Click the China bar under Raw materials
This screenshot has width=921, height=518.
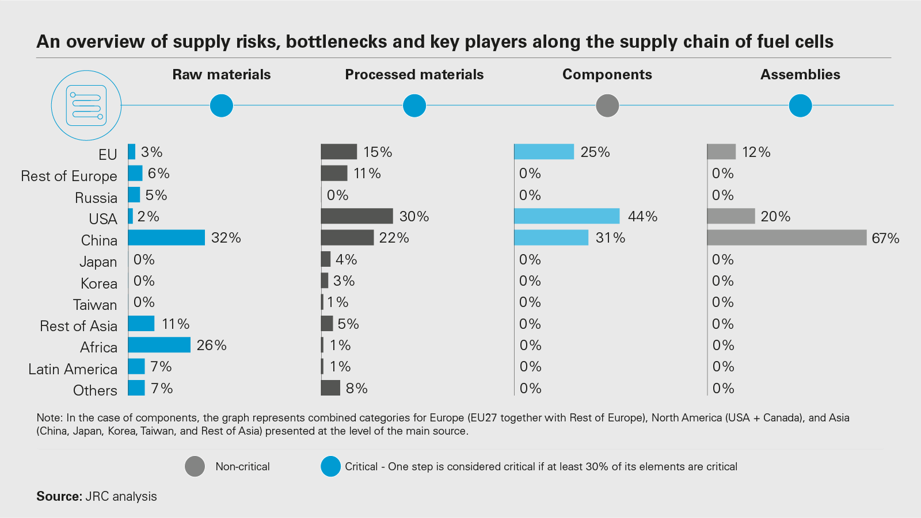(166, 237)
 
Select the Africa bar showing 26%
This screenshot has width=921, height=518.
(159, 345)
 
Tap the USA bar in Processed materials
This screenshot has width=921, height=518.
(357, 216)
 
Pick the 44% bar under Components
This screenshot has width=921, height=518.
(566, 216)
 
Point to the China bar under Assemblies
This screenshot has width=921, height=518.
(786, 237)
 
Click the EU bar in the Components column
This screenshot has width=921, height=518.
(544, 152)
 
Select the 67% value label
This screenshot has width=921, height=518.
(885, 238)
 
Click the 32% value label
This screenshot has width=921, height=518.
(226, 237)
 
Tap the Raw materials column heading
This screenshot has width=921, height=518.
(222, 74)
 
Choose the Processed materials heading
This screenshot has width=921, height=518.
(414, 74)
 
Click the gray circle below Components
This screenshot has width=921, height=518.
(607, 106)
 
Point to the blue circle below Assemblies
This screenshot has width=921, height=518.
(800, 106)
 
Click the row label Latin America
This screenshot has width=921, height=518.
(73, 369)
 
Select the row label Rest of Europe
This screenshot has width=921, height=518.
(68, 176)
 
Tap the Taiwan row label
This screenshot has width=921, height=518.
(95, 305)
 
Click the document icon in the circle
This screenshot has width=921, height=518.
(86, 105)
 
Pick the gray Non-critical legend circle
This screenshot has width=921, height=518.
(195, 466)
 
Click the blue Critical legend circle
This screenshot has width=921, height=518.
(331, 466)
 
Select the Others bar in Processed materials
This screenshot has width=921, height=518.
(330, 388)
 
